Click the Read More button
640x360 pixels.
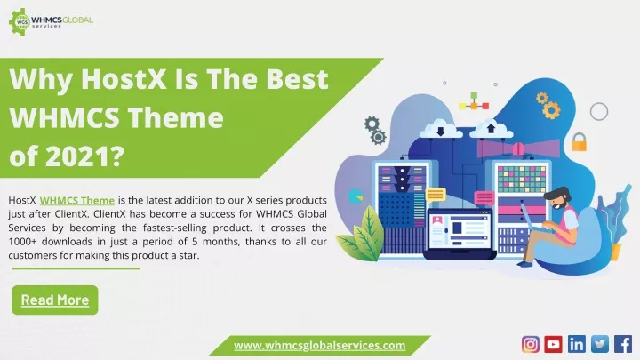pyautogui.click(x=55, y=300)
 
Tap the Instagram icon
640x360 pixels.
pyautogui.click(x=530, y=345)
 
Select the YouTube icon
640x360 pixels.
pyautogui.click(x=553, y=345)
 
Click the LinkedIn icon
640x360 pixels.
pyautogui.click(x=576, y=345)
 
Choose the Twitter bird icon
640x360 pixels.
pyautogui.click(x=600, y=345)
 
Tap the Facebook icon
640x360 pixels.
pyautogui.click(x=623, y=345)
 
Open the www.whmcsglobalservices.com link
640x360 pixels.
pyautogui.click(x=320, y=346)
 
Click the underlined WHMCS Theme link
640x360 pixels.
pyautogui.click(x=76, y=201)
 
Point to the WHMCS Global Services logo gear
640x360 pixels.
pyautogui.click(x=19, y=22)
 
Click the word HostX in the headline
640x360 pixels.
pyautogui.click(x=124, y=79)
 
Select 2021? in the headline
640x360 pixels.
pyautogui.click(x=85, y=156)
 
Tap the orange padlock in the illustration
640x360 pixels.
pyautogui.click(x=579, y=142)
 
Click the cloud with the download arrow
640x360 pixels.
pyautogui.click(x=440, y=130)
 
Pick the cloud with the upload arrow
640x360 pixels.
pyautogui.click(x=491, y=130)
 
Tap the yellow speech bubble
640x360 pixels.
pyautogui.click(x=436, y=195)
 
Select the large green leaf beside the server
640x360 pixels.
pyautogui.click(x=363, y=235)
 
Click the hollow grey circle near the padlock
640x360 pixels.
pyautogui.click(x=599, y=111)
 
